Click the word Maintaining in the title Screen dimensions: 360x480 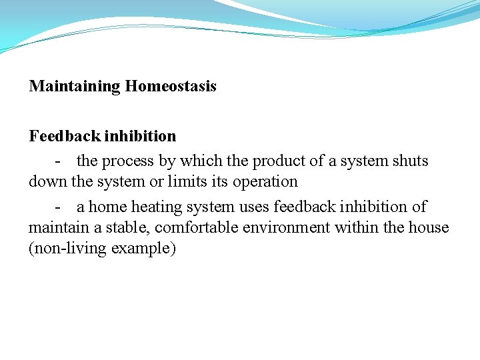[75, 87]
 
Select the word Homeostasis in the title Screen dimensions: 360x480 [171, 87]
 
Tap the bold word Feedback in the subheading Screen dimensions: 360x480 [65, 136]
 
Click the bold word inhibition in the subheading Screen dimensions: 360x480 [141, 136]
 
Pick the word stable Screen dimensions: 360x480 [129, 227]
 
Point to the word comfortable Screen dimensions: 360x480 [197, 227]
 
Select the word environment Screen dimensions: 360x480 [287, 227]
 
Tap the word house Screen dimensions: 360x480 [429, 227]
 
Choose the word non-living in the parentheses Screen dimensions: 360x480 [71, 249]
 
